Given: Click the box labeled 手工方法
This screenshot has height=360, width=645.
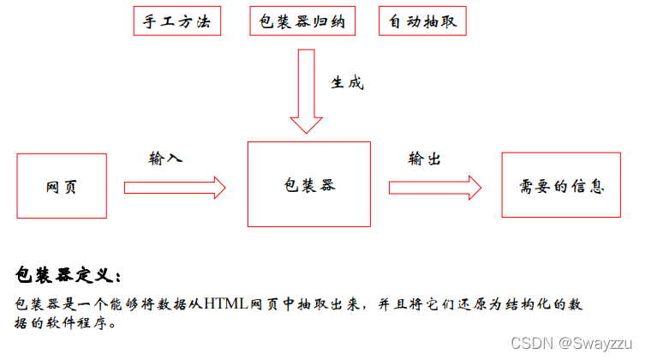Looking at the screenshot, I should (x=177, y=21).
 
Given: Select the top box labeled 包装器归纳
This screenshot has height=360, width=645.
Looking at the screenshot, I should (x=302, y=21).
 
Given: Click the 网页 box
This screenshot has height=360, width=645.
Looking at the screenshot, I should (x=62, y=186).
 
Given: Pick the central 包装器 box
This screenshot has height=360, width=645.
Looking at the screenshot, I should (x=308, y=184).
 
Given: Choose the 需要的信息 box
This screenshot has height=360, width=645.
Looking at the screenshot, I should (x=561, y=185).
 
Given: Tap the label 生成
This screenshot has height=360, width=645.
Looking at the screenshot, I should (x=347, y=83).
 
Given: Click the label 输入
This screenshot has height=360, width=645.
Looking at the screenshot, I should (x=166, y=159).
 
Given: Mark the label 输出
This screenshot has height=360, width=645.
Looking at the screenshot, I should (x=426, y=159).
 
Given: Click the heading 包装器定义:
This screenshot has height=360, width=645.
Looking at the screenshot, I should (x=69, y=274).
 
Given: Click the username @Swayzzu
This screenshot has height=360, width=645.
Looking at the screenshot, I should (x=593, y=343).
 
